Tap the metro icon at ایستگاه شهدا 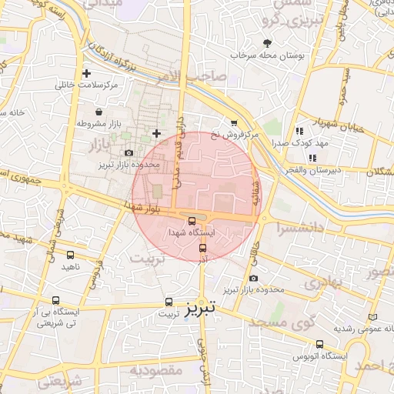[192, 221]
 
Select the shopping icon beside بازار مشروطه [99, 112]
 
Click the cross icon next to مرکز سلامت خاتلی [97, 73]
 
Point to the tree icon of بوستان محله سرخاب [267, 44]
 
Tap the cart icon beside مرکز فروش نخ [234, 123]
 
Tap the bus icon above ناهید [71, 255]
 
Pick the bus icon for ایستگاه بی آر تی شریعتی [55, 300]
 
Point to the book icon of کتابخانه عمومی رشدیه [373, 317]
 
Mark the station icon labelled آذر [203, 248]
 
